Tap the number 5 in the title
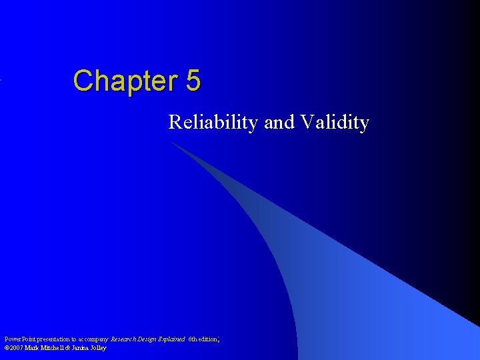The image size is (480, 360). pyautogui.click(x=193, y=81)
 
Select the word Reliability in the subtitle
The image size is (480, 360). pyautogui.click(x=213, y=123)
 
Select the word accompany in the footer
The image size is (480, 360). pyautogui.click(x=95, y=339)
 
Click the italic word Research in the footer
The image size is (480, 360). pyautogui.click(x=125, y=339)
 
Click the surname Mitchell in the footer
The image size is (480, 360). pyautogui.click(x=55, y=348)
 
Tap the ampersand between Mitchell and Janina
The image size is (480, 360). pyautogui.click(x=71, y=348)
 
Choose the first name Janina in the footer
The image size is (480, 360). pyautogui.click(x=83, y=348)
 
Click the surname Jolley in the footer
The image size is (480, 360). pyautogui.click(x=100, y=348)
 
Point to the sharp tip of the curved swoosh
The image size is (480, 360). pyautogui.click(x=171, y=142)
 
